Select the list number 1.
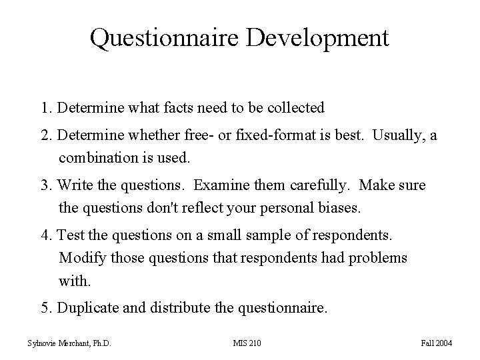click(45, 107)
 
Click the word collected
click(295, 107)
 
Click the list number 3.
click(45, 186)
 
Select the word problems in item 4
click(377, 258)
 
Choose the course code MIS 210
click(247, 343)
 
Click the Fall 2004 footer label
click(437, 343)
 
